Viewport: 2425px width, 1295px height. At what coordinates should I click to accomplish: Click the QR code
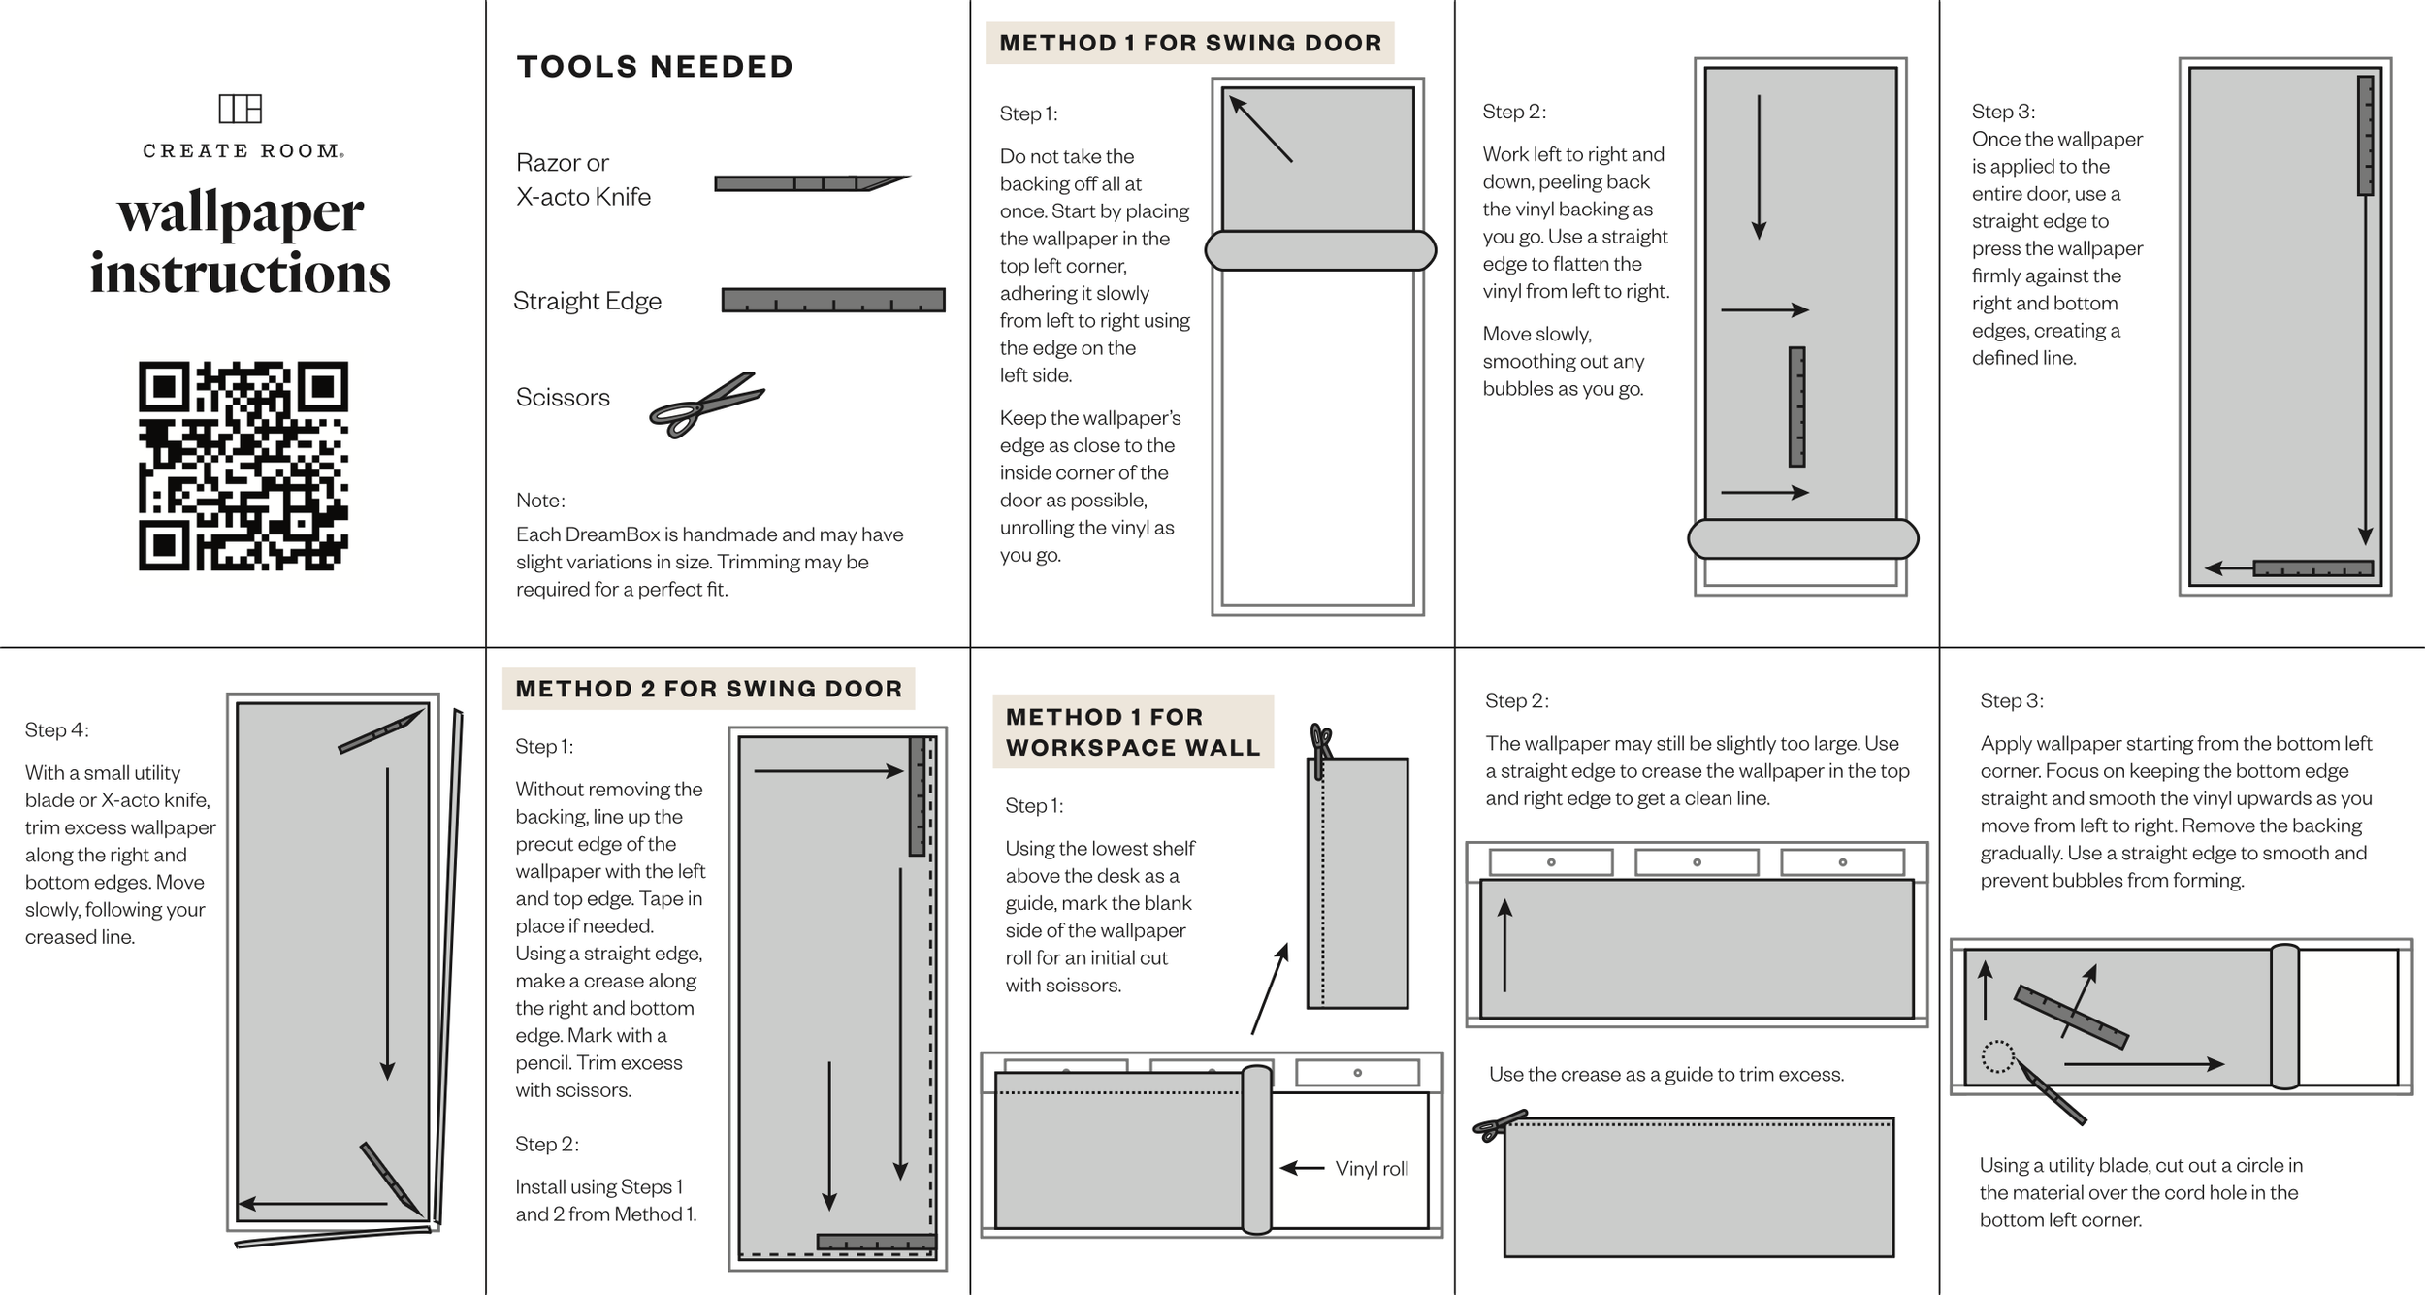pos(242,466)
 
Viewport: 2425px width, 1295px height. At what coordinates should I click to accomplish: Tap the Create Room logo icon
pos(241,109)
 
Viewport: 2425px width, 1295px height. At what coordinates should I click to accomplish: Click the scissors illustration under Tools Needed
pos(706,405)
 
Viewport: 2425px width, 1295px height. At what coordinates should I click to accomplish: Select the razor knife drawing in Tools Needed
pos(810,182)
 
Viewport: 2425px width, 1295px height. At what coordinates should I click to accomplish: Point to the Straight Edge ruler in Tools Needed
pos(833,300)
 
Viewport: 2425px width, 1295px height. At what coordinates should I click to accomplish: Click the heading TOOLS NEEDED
pos(655,67)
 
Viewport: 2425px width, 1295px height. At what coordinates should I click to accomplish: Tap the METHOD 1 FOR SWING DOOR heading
pos(1190,43)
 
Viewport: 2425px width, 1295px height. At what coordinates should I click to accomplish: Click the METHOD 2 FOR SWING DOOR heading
pos(708,689)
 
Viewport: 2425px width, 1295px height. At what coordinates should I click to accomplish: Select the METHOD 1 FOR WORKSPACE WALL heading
pos(1132,731)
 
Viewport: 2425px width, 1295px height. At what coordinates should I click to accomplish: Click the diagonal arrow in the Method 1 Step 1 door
pos(1261,129)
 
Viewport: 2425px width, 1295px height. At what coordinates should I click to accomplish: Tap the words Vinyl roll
pos(1372,1169)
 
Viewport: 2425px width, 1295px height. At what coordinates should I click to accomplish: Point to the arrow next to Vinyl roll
pos(1303,1168)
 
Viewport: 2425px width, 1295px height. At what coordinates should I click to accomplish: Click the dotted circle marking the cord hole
pos(1997,1056)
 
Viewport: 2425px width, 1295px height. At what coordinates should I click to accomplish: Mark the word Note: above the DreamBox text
pos(540,501)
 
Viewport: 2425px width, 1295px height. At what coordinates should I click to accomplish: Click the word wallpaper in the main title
pos(241,212)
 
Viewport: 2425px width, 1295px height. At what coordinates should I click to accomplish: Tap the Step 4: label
pos(56,729)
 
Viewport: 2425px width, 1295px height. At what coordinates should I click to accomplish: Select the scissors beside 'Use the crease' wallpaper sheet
pos(1499,1125)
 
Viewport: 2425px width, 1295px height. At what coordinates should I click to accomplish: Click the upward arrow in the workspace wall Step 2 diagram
pos(1504,945)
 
